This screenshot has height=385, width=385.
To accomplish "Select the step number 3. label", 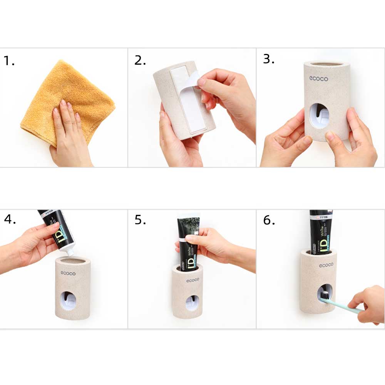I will (x=268, y=59).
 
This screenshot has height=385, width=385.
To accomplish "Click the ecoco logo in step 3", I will (x=318, y=79).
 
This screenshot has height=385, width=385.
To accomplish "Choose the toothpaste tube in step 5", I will (x=187, y=243).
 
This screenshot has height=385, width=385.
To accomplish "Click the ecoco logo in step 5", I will (x=193, y=280).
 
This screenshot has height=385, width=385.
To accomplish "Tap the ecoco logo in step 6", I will (x=326, y=265).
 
